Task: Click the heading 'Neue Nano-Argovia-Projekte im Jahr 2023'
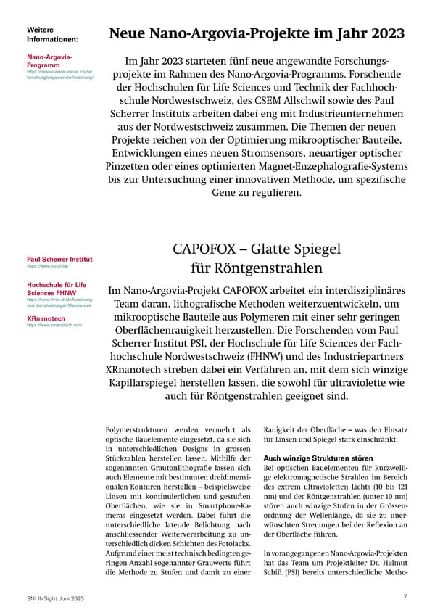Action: [257, 33]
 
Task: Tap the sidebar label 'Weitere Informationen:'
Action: [52, 34]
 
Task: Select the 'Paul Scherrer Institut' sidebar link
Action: [59, 259]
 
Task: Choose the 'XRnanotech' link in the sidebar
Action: [46, 318]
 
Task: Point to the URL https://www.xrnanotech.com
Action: [54, 326]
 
